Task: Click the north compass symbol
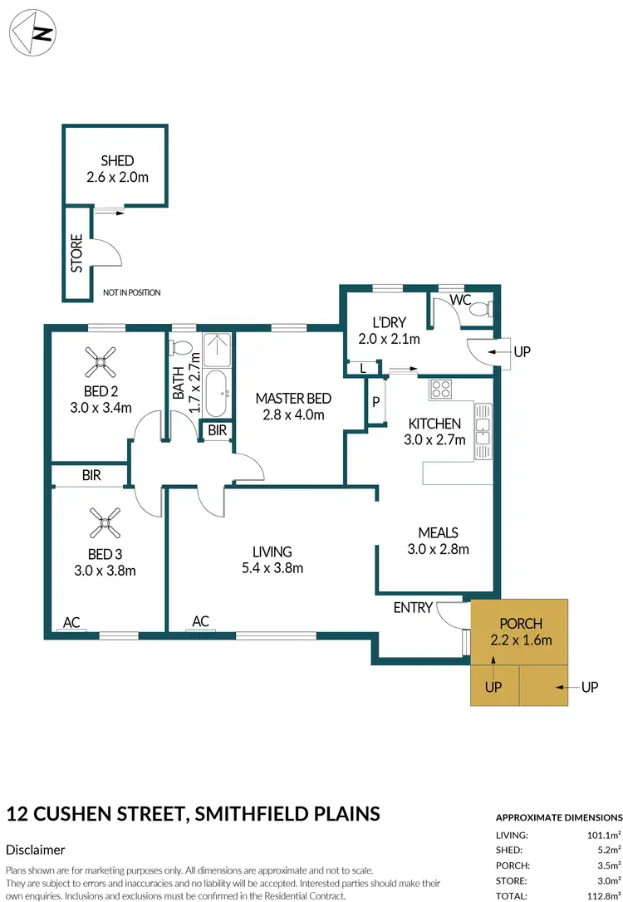(32, 33)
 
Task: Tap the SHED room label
(117, 160)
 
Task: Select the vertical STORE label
(76, 253)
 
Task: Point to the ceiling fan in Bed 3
(105, 522)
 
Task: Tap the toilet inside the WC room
(480, 309)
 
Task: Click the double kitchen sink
(483, 431)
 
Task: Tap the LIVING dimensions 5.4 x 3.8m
(272, 568)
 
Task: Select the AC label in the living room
(200, 620)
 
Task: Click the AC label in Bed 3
(72, 620)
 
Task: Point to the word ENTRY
(413, 607)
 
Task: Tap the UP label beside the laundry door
(522, 352)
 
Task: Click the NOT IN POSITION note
(131, 292)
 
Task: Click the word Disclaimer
(35, 850)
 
